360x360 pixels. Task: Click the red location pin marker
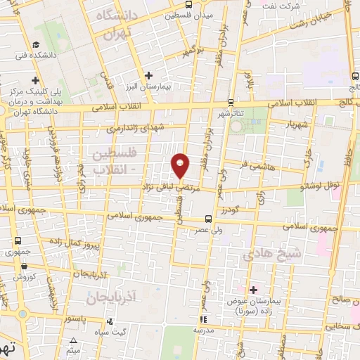click(x=181, y=165)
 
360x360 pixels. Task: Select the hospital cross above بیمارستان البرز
click(x=148, y=75)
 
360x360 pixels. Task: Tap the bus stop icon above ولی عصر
click(x=209, y=219)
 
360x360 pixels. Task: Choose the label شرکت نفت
click(x=304, y=6)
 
